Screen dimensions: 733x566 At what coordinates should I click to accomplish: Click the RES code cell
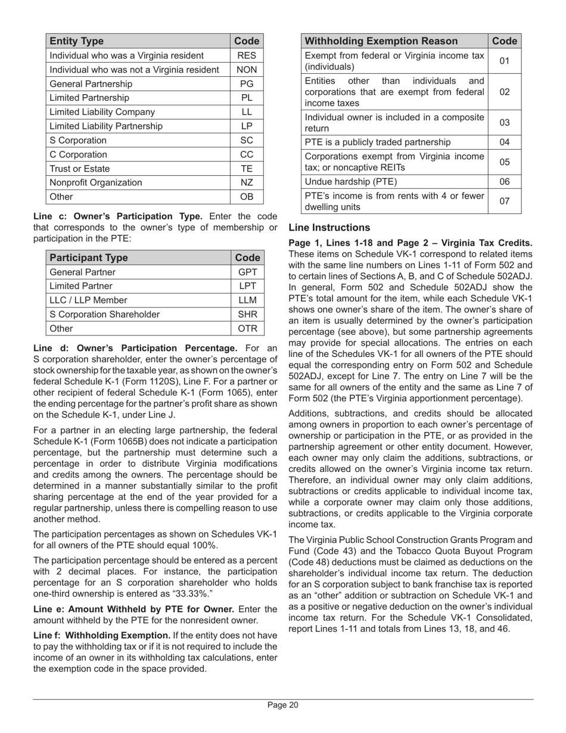pyautogui.click(x=247, y=55)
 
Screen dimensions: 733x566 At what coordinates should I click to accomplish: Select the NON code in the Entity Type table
pyautogui.click(x=247, y=70)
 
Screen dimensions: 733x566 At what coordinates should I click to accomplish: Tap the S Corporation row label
pyautogui.click(x=78, y=141)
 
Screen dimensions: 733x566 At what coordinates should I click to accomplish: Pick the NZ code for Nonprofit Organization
pyautogui.click(x=247, y=183)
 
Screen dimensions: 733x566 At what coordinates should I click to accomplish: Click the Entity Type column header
pyautogui.click(x=77, y=41)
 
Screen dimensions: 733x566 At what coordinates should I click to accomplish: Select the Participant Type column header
pyautogui.click(x=89, y=258)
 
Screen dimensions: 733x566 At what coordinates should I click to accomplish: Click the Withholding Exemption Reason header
pyautogui.click(x=381, y=41)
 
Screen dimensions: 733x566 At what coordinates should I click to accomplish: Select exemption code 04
pyautogui.click(x=505, y=142)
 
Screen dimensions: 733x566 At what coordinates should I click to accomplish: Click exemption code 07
pyautogui.click(x=505, y=201)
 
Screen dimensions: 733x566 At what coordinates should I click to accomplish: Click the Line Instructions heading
pyautogui.click(x=329, y=228)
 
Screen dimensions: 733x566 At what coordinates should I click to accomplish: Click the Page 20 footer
pyautogui.click(x=282, y=706)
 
